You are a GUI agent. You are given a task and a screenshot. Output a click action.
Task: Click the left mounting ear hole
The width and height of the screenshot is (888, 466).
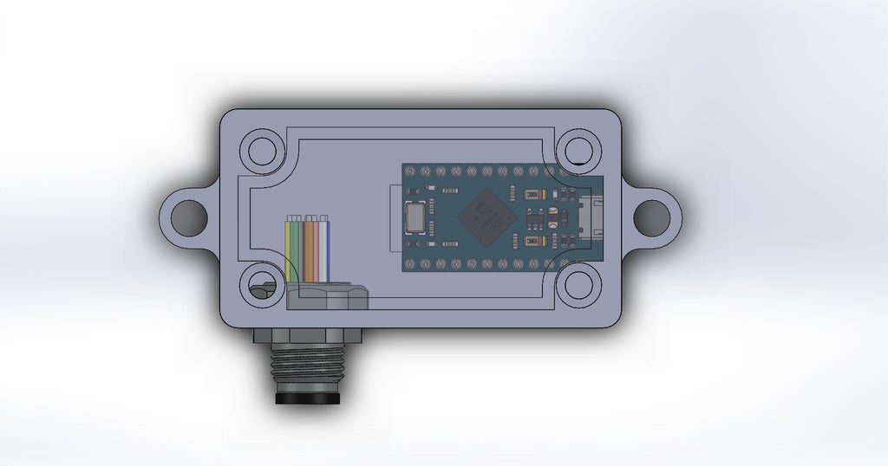tap(187, 217)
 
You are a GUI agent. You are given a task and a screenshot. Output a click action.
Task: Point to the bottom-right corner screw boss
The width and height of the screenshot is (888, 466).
tap(578, 285)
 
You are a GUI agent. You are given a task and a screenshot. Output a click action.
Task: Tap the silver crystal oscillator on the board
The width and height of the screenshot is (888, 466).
tap(417, 217)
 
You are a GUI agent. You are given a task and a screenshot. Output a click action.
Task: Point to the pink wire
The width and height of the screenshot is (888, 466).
tap(318, 248)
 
